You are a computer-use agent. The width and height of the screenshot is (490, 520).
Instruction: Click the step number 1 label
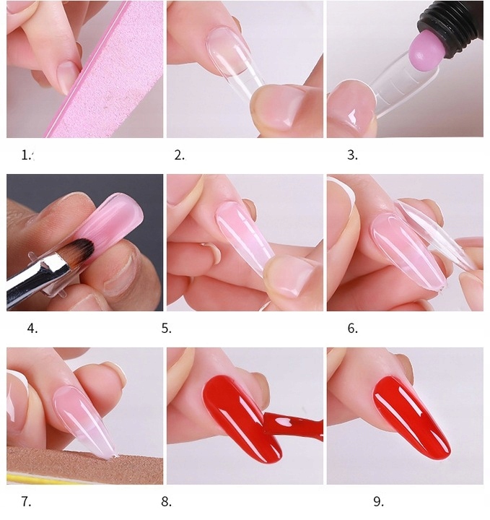[x=27, y=155]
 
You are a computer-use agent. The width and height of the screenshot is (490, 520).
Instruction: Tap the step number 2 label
[x=180, y=155]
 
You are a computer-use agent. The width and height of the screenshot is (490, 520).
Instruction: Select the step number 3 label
[x=352, y=155]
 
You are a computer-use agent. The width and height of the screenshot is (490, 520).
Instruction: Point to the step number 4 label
[x=32, y=328]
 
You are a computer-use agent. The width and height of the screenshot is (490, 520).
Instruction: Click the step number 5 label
[x=167, y=328]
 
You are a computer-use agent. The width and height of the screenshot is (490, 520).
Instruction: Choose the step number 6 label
[x=352, y=328]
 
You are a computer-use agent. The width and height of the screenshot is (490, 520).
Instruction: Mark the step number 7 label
[x=27, y=501]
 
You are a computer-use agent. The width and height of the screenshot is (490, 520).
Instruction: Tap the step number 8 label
[x=167, y=501]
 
